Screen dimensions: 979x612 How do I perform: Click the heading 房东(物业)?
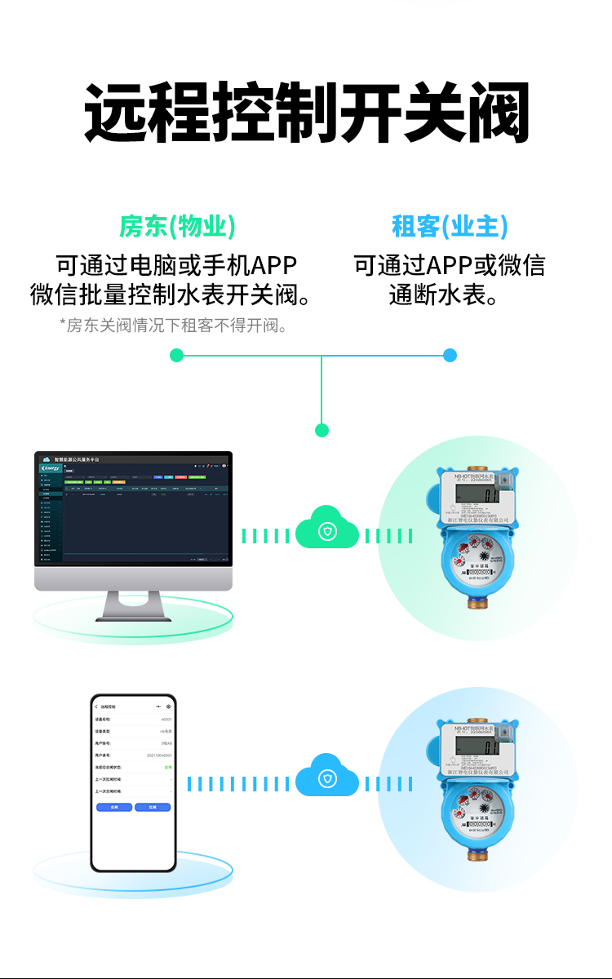[x=177, y=226]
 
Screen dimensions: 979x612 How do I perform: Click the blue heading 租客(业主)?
[x=450, y=226]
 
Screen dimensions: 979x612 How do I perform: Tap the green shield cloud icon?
[x=327, y=531]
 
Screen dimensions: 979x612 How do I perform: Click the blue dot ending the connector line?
[x=450, y=355]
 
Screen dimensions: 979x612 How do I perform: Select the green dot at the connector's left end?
[x=176, y=355]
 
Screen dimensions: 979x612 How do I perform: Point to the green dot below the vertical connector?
[x=322, y=430]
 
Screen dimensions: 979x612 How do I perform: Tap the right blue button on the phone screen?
[x=153, y=807]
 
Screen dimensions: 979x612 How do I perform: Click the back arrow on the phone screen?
[x=96, y=707]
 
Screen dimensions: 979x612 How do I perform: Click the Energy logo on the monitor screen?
[x=51, y=468]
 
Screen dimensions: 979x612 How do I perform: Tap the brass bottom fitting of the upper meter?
[x=476, y=601]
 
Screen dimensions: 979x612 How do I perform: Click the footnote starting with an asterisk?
[x=175, y=326]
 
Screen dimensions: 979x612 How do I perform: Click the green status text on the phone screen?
[x=168, y=768]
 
